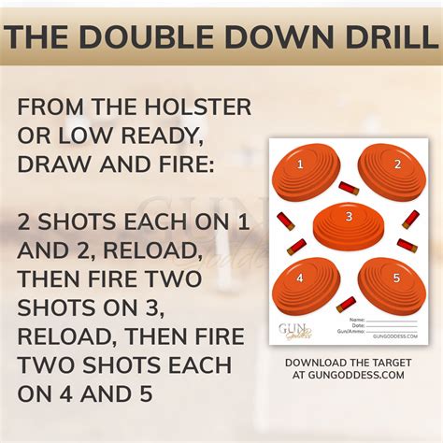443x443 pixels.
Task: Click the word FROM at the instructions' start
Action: pyautogui.click(x=52, y=107)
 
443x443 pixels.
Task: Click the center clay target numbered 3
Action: pyautogui.click(x=348, y=222)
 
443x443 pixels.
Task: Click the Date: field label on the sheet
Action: pyautogui.click(x=360, y=326)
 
